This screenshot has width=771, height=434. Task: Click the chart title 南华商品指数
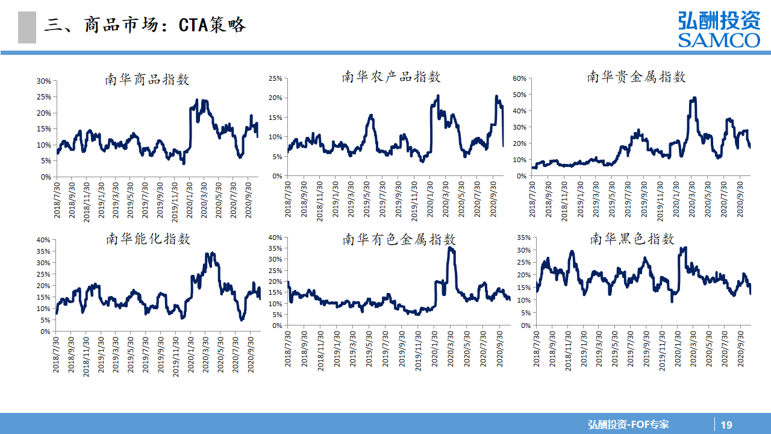pos(148,79)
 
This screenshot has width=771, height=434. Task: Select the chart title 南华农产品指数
pos(392,77)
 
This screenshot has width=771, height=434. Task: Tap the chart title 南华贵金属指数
pos(637,77)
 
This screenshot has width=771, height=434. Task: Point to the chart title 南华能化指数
pos(148,239)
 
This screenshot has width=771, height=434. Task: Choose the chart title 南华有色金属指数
pos(399,239)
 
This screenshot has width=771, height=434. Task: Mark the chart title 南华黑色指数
pos(632,239)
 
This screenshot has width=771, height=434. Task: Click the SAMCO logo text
pos(719,40)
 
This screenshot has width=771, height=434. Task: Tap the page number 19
pos(726,424)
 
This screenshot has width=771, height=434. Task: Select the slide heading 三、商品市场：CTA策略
pos(145,25)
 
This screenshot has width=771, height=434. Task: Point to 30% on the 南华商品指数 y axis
pos(43,81)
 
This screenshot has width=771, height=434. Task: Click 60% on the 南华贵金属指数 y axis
pos(520,78)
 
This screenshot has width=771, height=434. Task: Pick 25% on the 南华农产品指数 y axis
pos(275,78)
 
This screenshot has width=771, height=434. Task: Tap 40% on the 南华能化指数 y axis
pos(43,240)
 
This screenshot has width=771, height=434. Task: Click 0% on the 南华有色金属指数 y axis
pos(277,325)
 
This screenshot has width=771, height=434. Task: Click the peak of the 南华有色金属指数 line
pos(451,248)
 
